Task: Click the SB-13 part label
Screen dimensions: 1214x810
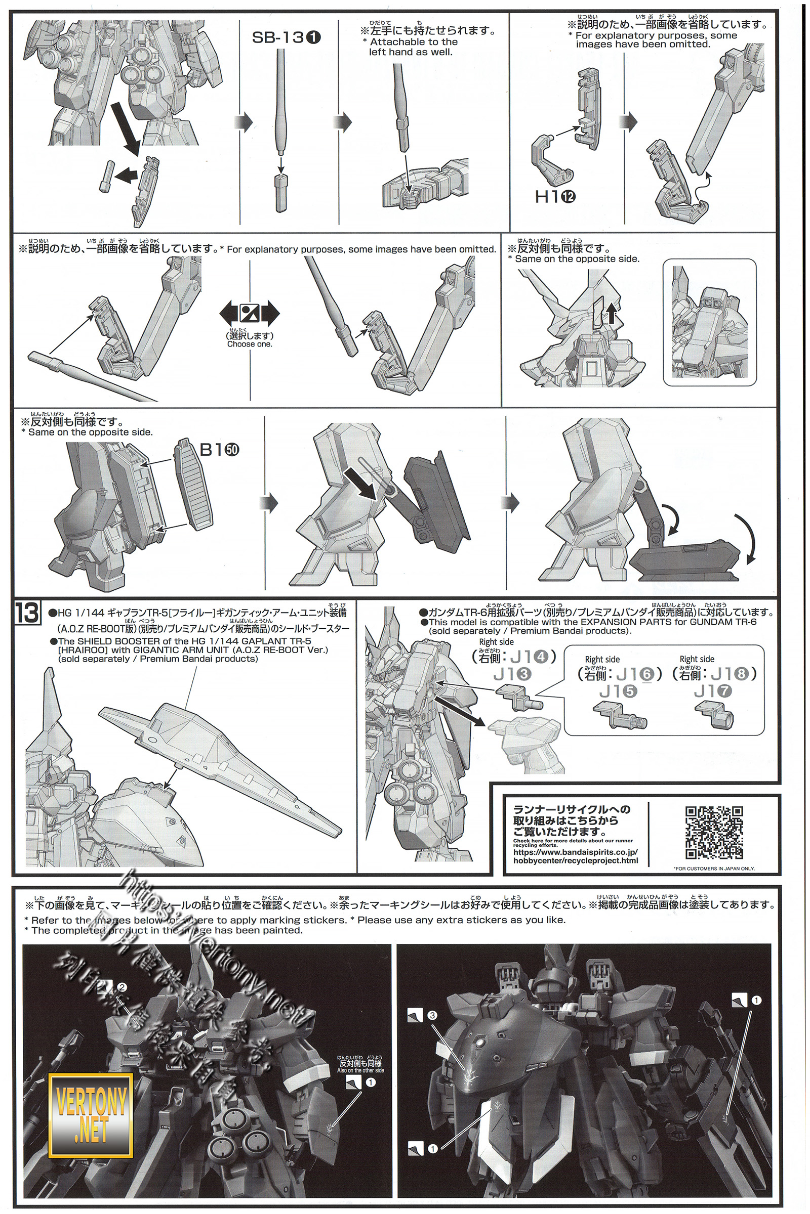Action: click(x=286, y=37)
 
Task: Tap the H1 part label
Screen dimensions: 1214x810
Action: click(x=555, y=196)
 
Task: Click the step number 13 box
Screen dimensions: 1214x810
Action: click(x=27, y=613)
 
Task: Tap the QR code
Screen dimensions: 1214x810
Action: click(x=714, y=833)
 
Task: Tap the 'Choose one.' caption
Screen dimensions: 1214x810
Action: click(x=250, y=344)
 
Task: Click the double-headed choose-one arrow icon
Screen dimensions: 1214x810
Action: click(x=250, y=313)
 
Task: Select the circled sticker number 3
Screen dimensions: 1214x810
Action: click(x=432, y=1015)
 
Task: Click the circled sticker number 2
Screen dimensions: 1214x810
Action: click(x=122, y=987)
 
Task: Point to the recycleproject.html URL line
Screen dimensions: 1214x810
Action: click(x=576, y=860)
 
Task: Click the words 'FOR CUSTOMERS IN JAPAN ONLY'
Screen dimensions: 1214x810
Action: click(x=714, y=869)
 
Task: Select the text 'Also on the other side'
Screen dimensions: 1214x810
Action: click(x=360, y=1070)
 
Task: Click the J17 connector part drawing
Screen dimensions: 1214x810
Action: click(x=714, y=714)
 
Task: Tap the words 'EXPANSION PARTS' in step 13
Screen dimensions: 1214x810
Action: click(x=602, y=622)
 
